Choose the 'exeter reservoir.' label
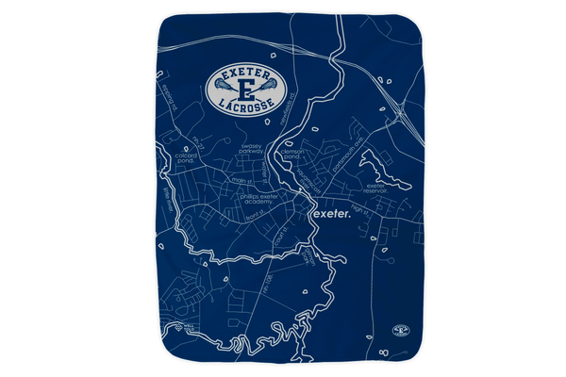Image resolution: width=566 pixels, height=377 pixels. (376, 188)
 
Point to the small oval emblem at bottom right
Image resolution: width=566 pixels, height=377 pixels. (401, 332)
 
